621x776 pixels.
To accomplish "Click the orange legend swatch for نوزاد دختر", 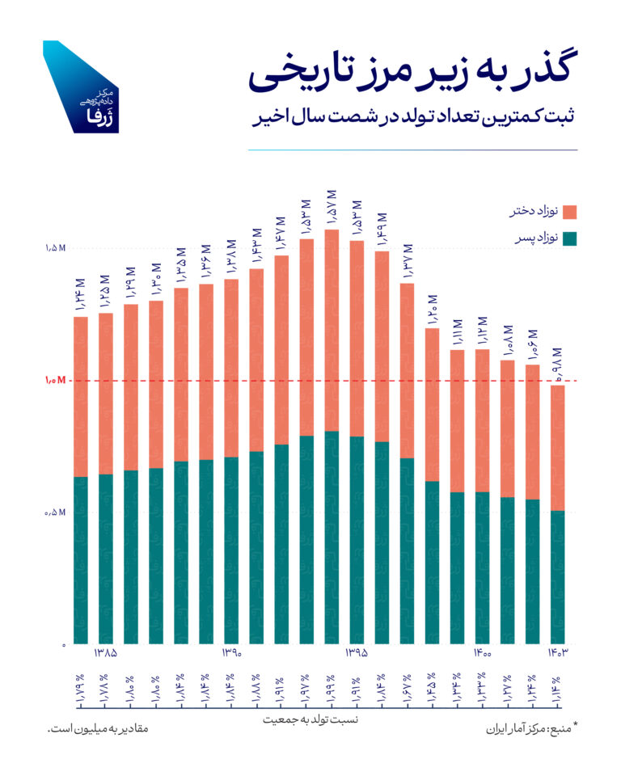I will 570,212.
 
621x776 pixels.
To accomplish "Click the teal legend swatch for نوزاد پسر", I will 570,238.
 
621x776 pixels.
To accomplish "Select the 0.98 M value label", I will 556,363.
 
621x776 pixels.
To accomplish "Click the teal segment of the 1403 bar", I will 556,577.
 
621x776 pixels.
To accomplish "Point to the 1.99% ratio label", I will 331,688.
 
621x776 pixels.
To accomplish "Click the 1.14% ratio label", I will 556,688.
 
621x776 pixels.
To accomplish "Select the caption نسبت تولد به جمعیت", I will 310,719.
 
